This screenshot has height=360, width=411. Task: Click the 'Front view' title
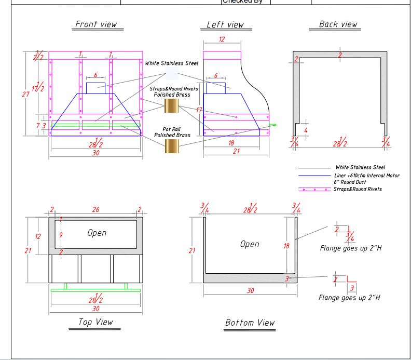96,24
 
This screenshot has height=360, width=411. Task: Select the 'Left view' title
225,25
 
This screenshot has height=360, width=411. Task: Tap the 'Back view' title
338,24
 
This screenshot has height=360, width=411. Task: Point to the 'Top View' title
95,323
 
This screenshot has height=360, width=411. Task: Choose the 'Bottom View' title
250,323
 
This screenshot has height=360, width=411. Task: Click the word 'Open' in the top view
97,233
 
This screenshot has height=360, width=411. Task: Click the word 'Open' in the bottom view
250,244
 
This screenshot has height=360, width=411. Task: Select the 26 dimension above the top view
95,210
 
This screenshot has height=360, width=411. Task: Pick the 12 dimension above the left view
222,39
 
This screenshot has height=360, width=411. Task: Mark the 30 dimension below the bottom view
250,290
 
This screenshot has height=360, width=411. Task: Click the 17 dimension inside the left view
199,110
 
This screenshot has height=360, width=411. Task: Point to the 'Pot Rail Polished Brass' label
172,132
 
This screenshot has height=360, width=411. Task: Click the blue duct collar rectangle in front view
95,88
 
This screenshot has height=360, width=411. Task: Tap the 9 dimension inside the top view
61,235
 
